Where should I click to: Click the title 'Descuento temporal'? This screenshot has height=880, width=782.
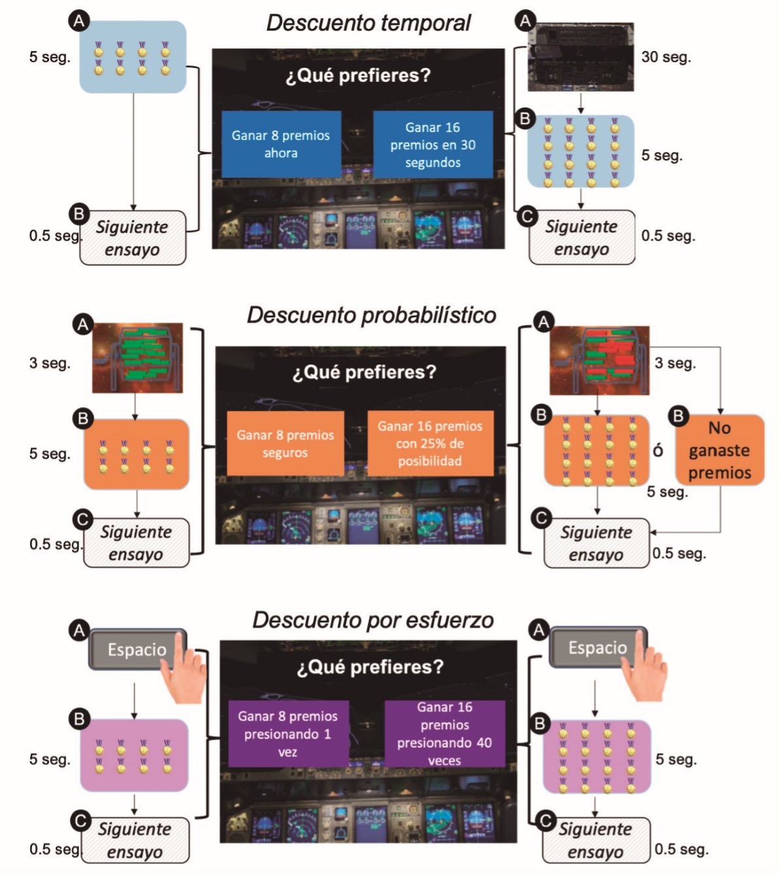(368, 23)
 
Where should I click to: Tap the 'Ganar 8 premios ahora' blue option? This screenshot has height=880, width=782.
(281, 144)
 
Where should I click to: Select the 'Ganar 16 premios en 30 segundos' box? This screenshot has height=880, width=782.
(433, 145)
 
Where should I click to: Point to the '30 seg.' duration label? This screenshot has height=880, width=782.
(666, 57)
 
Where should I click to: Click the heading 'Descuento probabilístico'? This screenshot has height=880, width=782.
(371, 315)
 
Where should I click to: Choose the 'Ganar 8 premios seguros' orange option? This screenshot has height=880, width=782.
(285, 443)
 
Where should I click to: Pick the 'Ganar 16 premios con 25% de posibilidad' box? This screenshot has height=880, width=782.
(430, 443)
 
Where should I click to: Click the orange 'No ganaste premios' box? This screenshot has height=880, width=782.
(719, 450)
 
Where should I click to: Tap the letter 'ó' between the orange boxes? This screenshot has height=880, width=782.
(658, 450)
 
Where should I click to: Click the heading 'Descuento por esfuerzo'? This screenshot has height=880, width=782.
(373, 620)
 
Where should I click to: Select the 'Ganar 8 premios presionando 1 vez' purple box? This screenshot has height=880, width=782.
(288, 733)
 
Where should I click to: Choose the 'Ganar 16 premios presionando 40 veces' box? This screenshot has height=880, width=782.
(444, 733)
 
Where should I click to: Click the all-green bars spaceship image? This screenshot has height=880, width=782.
(137, 358)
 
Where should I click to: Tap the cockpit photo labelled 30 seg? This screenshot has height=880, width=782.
(581, 57)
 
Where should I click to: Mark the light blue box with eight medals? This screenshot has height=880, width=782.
(133, 57)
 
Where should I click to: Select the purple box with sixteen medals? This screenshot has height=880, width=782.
(596, 757)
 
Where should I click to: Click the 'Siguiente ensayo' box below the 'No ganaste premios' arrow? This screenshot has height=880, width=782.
(596, 543)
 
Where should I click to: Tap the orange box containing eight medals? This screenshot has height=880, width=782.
(136, 454)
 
